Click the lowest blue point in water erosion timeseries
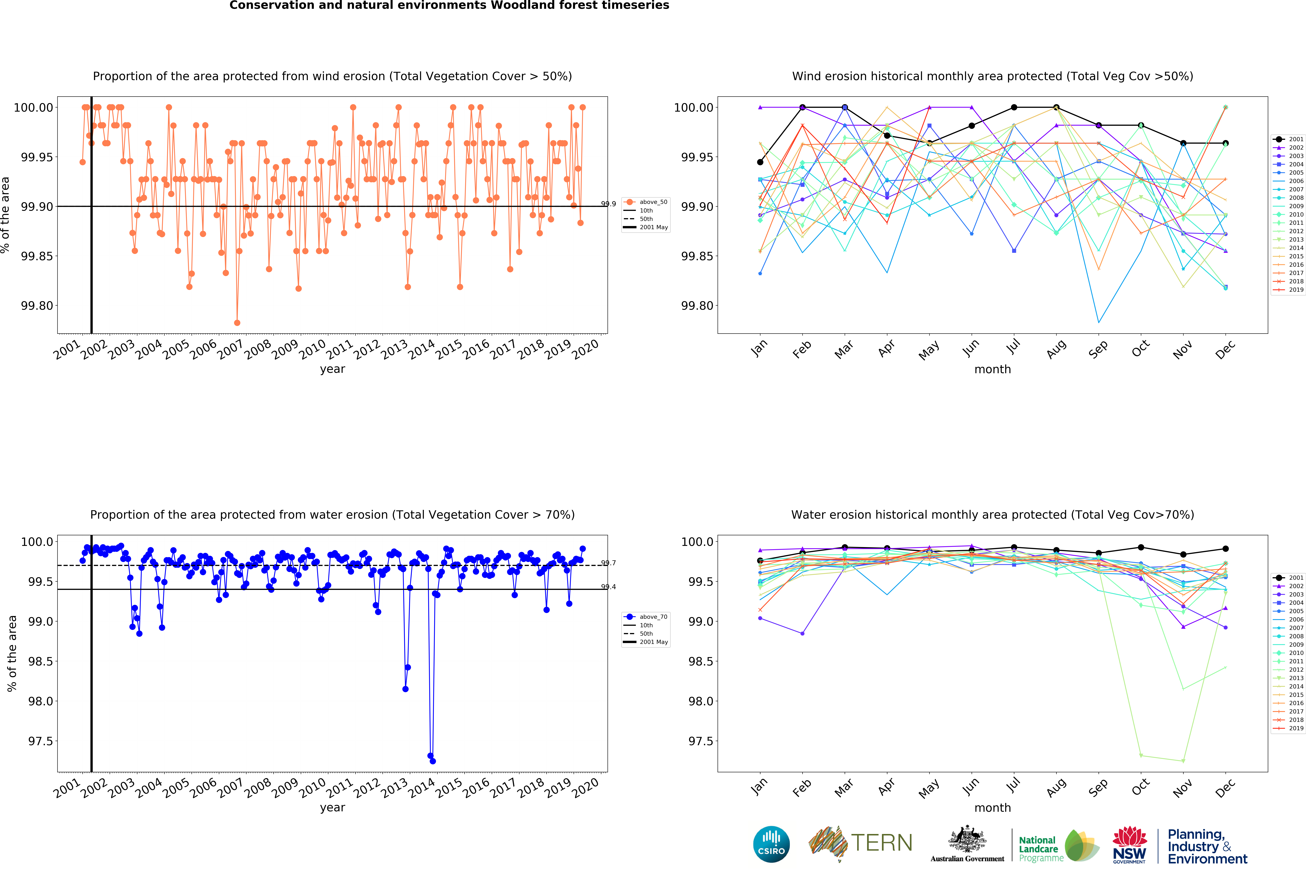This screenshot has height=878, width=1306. click(432, 761)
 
